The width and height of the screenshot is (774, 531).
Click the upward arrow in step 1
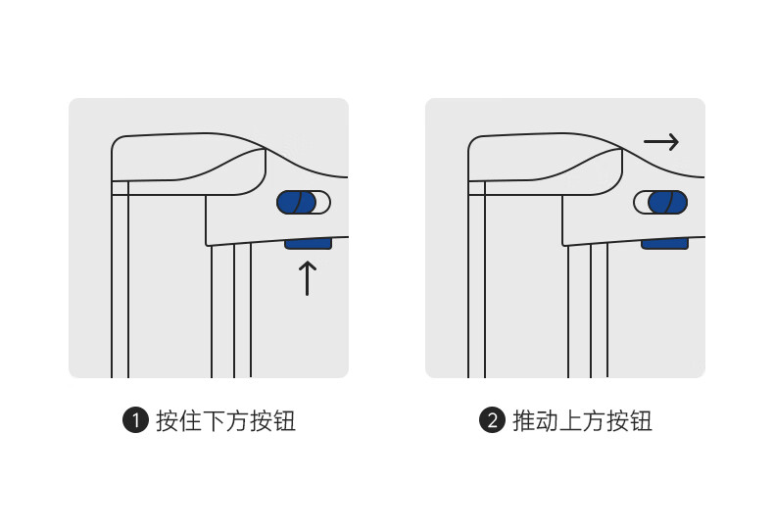[x=307, y=278]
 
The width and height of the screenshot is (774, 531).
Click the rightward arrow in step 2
[x=661, y=142]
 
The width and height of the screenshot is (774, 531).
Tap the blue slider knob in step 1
[x=296, y=203]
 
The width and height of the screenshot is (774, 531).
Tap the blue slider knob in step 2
[x=667, y=203]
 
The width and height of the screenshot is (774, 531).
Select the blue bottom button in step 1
[x=308, y=243]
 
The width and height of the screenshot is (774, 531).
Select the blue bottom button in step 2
[x=664, y=243]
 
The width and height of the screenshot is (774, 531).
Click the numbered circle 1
[x=136, y=420]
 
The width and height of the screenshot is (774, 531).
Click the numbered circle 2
[x=492, y=420]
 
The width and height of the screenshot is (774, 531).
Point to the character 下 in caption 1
[x=215, y=421]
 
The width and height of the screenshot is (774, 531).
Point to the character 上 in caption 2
[x=570, y=421]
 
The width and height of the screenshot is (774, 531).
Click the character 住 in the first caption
[x=191, y=421]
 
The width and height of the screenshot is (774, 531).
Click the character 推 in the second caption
[x=524, y=421]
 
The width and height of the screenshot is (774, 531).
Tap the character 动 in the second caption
[x=548, y=421]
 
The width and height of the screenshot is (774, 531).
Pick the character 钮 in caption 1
[x=284, y=421]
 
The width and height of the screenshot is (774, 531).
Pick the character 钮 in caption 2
[x=641, y=421]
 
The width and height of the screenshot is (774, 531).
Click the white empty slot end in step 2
[x=641, y=203]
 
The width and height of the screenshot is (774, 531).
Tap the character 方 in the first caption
[x=237, y=421]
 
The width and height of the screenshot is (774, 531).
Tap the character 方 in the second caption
[x=594, y=421]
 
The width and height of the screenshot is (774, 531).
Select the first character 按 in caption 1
[x=168, y=421]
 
